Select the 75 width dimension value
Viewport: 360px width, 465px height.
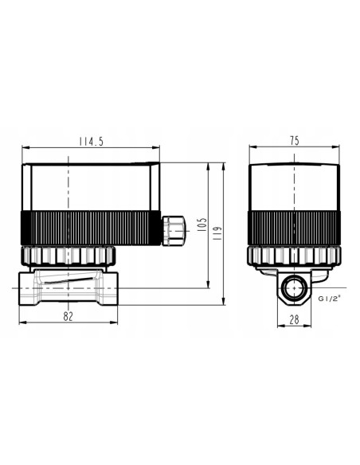(294, 140)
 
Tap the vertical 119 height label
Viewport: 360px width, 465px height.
(217, 231)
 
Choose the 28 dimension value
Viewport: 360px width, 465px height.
(294, 319)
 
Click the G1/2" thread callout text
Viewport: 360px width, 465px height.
(329, 299)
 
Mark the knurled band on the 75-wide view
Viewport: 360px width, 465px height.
(295, 228)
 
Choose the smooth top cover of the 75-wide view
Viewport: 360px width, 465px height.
(295, 187)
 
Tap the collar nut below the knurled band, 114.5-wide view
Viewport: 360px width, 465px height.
(68, 255)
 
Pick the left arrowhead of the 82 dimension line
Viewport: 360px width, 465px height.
(19, 322)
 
